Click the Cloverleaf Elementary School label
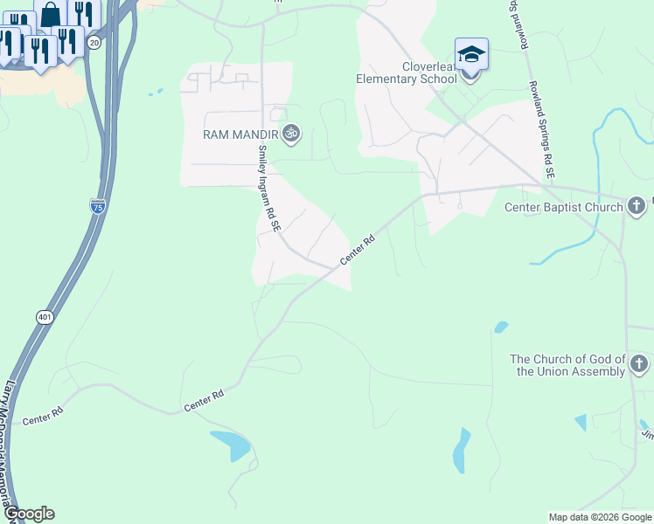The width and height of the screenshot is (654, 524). (x=406, y=72)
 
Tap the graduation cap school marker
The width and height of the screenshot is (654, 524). (x=470, y=55)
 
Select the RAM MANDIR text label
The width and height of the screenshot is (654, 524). (x=240, y=134)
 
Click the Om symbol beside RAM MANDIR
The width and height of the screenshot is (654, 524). (x=292, y=134)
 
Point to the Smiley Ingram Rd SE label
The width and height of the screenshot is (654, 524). (x=267, y=188)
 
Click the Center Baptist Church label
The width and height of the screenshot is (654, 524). (x=564, y=207)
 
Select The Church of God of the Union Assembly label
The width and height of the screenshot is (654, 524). (x=568, y=365)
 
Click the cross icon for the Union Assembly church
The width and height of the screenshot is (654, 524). (x=639, y=363)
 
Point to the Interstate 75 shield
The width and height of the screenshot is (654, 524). (x=98, y=206)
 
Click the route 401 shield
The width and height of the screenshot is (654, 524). (x=45, y=317)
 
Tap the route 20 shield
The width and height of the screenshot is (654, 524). (x=94, y=42)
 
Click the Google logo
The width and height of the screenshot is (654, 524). (x=29, y=514)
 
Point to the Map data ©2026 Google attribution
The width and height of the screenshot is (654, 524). (x=599, y=517)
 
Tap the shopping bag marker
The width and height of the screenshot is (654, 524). (x=51, y=14)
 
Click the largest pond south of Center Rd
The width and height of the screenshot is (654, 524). (x=233, y=445)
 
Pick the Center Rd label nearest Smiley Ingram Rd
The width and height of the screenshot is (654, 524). (x=357, y=250)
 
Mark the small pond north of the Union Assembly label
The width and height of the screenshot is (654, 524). (x=501, y=327)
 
